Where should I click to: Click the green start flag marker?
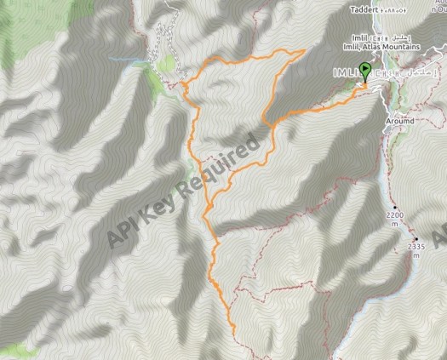tap(366, 71)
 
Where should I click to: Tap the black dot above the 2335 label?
tap(415, 237)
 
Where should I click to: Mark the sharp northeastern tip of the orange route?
tap(304, 51)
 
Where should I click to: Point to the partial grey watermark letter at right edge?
tap(440, 234)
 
